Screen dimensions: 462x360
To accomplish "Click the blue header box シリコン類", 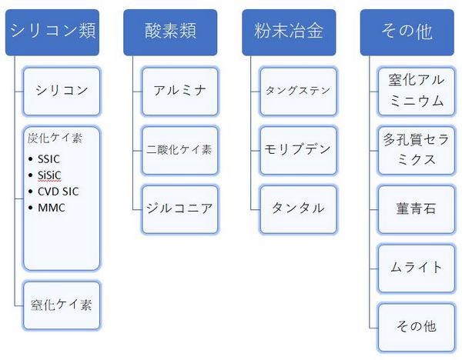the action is (x=52, y=32).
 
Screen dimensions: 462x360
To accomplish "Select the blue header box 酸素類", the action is (x=170, y=32).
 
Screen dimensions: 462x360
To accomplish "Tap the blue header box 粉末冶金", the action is (x=289, y=32).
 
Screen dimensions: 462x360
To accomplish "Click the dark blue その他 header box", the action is (x=407, y=32).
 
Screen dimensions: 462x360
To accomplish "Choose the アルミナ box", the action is (x=180, y=92).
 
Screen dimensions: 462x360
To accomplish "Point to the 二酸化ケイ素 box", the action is (x=180, y=151).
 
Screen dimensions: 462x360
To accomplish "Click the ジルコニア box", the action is (x=180, y=209).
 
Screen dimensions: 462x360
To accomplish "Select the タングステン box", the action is (x=299, y=92).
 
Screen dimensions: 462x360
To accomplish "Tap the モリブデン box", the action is (x=299, y=151).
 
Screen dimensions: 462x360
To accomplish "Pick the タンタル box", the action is (x=299, y=209).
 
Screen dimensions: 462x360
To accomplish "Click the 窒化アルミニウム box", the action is (x=417, y=92).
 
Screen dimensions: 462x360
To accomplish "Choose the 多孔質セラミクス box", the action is (x=417, y=151).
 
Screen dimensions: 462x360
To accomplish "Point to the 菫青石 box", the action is (x=417, y=209).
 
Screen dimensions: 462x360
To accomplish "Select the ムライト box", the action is (x=417, y=268).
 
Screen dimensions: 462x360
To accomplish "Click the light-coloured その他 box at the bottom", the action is (x=417, y=328).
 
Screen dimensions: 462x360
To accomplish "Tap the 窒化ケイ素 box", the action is (x=62, y=305).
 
